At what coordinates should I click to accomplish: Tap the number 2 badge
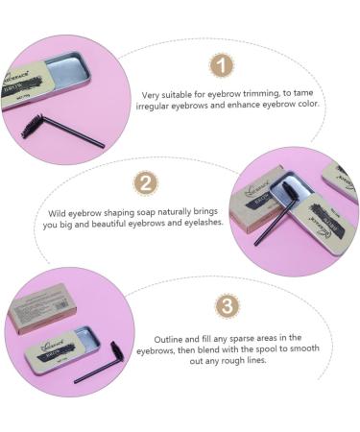145,181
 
